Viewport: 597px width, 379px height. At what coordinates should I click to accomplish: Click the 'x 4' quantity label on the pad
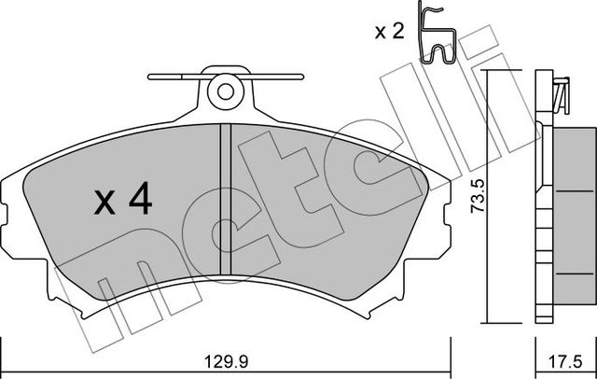click(x=122, y=198)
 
